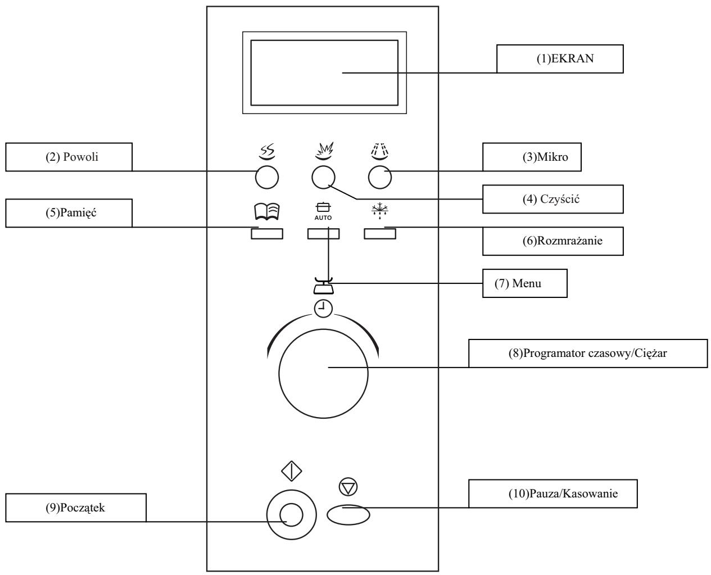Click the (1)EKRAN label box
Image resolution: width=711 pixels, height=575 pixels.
point(559,58)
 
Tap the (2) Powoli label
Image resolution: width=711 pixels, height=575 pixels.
point(69,157)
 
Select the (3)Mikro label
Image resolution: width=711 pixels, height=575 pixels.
point(532,157)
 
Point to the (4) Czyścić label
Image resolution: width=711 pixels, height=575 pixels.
point(553,199)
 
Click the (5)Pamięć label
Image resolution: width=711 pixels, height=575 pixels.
point(69,213)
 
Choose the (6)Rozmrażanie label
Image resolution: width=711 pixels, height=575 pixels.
point(553,241)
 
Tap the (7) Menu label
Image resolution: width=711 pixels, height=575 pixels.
point(525,283)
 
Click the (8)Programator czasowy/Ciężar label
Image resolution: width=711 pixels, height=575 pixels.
point(588,354)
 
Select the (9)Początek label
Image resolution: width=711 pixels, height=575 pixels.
point(76,508)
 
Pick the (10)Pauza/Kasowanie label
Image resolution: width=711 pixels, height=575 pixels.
point(553,493)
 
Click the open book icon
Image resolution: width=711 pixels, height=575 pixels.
point(267,211)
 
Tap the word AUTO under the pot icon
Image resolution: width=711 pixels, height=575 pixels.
point(323,218)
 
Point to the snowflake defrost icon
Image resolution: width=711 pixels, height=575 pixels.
point(379,211)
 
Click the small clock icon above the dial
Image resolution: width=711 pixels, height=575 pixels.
point(323,309)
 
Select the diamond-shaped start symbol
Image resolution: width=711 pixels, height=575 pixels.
point(291,471)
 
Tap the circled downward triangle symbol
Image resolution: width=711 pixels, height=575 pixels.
point(348,487)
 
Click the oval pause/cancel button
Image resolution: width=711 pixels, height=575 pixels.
point(348,515)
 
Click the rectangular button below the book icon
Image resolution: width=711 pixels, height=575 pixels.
point(267,234)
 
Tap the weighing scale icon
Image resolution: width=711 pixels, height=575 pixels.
point(323,286)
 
